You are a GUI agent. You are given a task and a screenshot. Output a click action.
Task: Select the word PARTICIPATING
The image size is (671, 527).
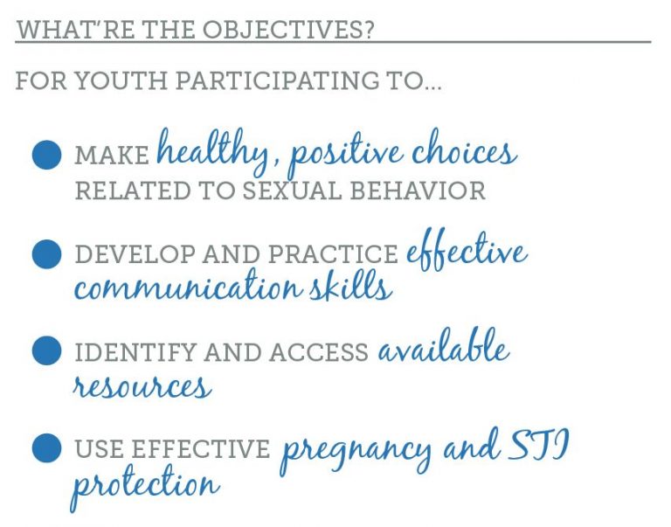[278, 80]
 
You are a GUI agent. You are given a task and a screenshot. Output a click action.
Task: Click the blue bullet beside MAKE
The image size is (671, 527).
[46, 155]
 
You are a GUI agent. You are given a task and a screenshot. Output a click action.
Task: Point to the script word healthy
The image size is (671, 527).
[212, 152]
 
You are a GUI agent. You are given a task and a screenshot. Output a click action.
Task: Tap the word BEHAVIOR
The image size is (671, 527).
[418, 191]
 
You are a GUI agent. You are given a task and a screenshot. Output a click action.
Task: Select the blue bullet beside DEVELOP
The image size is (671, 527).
[46, 253]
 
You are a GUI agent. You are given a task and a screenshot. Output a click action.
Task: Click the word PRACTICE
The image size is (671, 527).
[333, 253]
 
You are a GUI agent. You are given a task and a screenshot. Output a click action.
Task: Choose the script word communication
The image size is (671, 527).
[189, 285]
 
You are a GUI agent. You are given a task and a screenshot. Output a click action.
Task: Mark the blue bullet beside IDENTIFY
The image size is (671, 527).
[46, 350]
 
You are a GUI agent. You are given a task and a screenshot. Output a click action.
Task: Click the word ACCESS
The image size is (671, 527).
[318, 352]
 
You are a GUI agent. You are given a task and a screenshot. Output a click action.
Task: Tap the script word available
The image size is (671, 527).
[443, 346]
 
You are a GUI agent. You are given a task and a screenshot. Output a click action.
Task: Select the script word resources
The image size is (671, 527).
[142, 385]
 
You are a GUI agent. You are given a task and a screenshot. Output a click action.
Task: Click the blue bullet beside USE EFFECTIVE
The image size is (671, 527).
[46, 448]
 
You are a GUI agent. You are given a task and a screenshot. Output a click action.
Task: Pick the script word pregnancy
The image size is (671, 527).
[356, 454]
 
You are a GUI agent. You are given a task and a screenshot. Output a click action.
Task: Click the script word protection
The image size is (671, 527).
[145, 487]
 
